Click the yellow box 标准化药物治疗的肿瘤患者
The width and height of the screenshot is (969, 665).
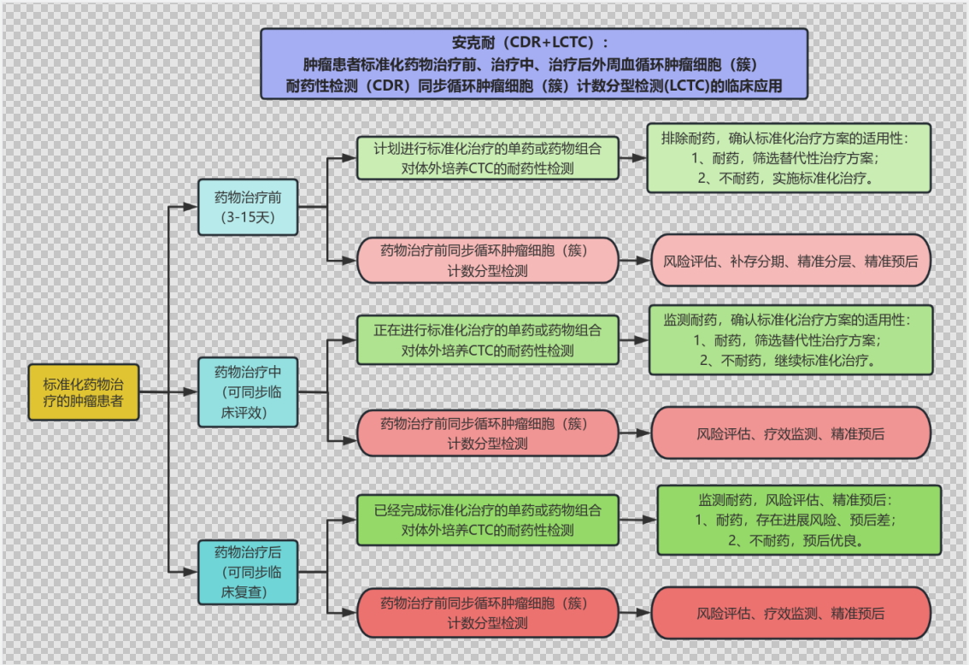[x=83, y=392]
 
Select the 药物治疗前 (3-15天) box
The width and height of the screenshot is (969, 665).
[x=248, y=207]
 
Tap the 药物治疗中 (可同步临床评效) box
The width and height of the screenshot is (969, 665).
[x=248, y=392]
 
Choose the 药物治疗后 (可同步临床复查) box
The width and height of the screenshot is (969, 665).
[x=248, y=573]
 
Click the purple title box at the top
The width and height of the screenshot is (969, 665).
[x=534, y=64]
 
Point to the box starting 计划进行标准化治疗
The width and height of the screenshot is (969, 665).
[x=487, y=158]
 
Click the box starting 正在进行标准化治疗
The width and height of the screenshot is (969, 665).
[x=487, y=339]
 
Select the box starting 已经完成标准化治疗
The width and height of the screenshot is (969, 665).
[x=487, y=520]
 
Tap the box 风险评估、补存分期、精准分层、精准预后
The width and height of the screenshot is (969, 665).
[x=790, y=261]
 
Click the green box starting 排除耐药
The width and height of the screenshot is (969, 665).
[x=789, y=158]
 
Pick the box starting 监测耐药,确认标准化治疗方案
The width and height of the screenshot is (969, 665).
[x=790, y=339]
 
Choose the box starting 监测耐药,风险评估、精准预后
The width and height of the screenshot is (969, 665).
[x=798, y=520]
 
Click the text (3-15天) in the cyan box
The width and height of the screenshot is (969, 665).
[x=248, y=217]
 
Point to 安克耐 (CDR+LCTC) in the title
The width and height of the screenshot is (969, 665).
[x=534, y=43]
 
